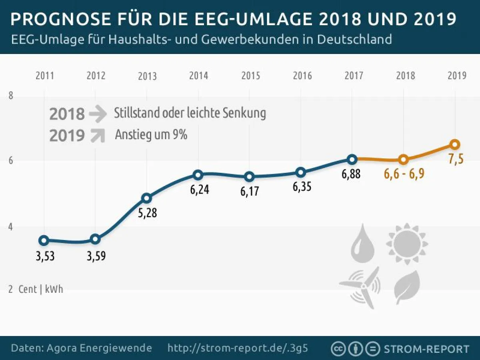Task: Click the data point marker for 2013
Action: coord(147,198)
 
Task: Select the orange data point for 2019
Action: coord(455,144)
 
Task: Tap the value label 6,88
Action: coord(351,174)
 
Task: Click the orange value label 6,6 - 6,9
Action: coord(404,174)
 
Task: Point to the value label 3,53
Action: coord(45,256)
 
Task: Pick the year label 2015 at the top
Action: coord(250,76)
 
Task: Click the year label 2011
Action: coord(45,76)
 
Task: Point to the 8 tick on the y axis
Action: coord(11,96)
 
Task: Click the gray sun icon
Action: coord(407,244)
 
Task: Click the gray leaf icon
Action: coord(407,286)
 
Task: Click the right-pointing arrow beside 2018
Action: coord(98,114)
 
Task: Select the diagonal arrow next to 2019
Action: coord(98,136)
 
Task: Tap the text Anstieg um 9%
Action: coord(151,135)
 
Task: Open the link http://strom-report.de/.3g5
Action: coord(238,348)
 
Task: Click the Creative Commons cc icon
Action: coord(338,348)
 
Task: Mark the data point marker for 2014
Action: coord(198,174)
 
